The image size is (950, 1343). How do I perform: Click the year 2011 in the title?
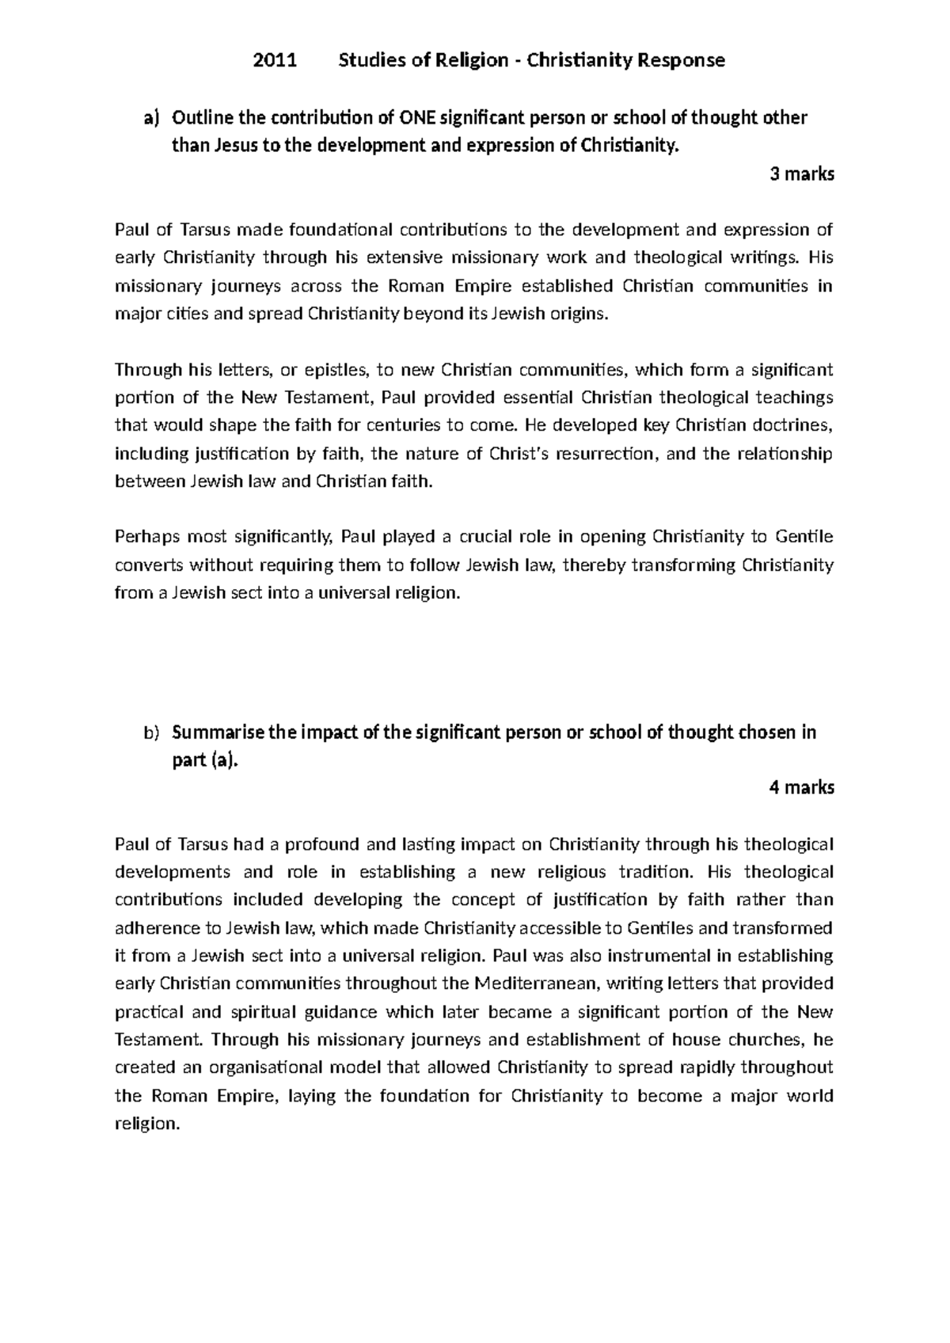click(274, 60)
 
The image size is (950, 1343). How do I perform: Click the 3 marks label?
click(802, 174)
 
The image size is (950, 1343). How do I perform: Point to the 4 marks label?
click(801, 787)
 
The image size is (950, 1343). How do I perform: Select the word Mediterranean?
click(527, 983)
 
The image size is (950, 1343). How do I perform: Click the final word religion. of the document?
click(148, 1124)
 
